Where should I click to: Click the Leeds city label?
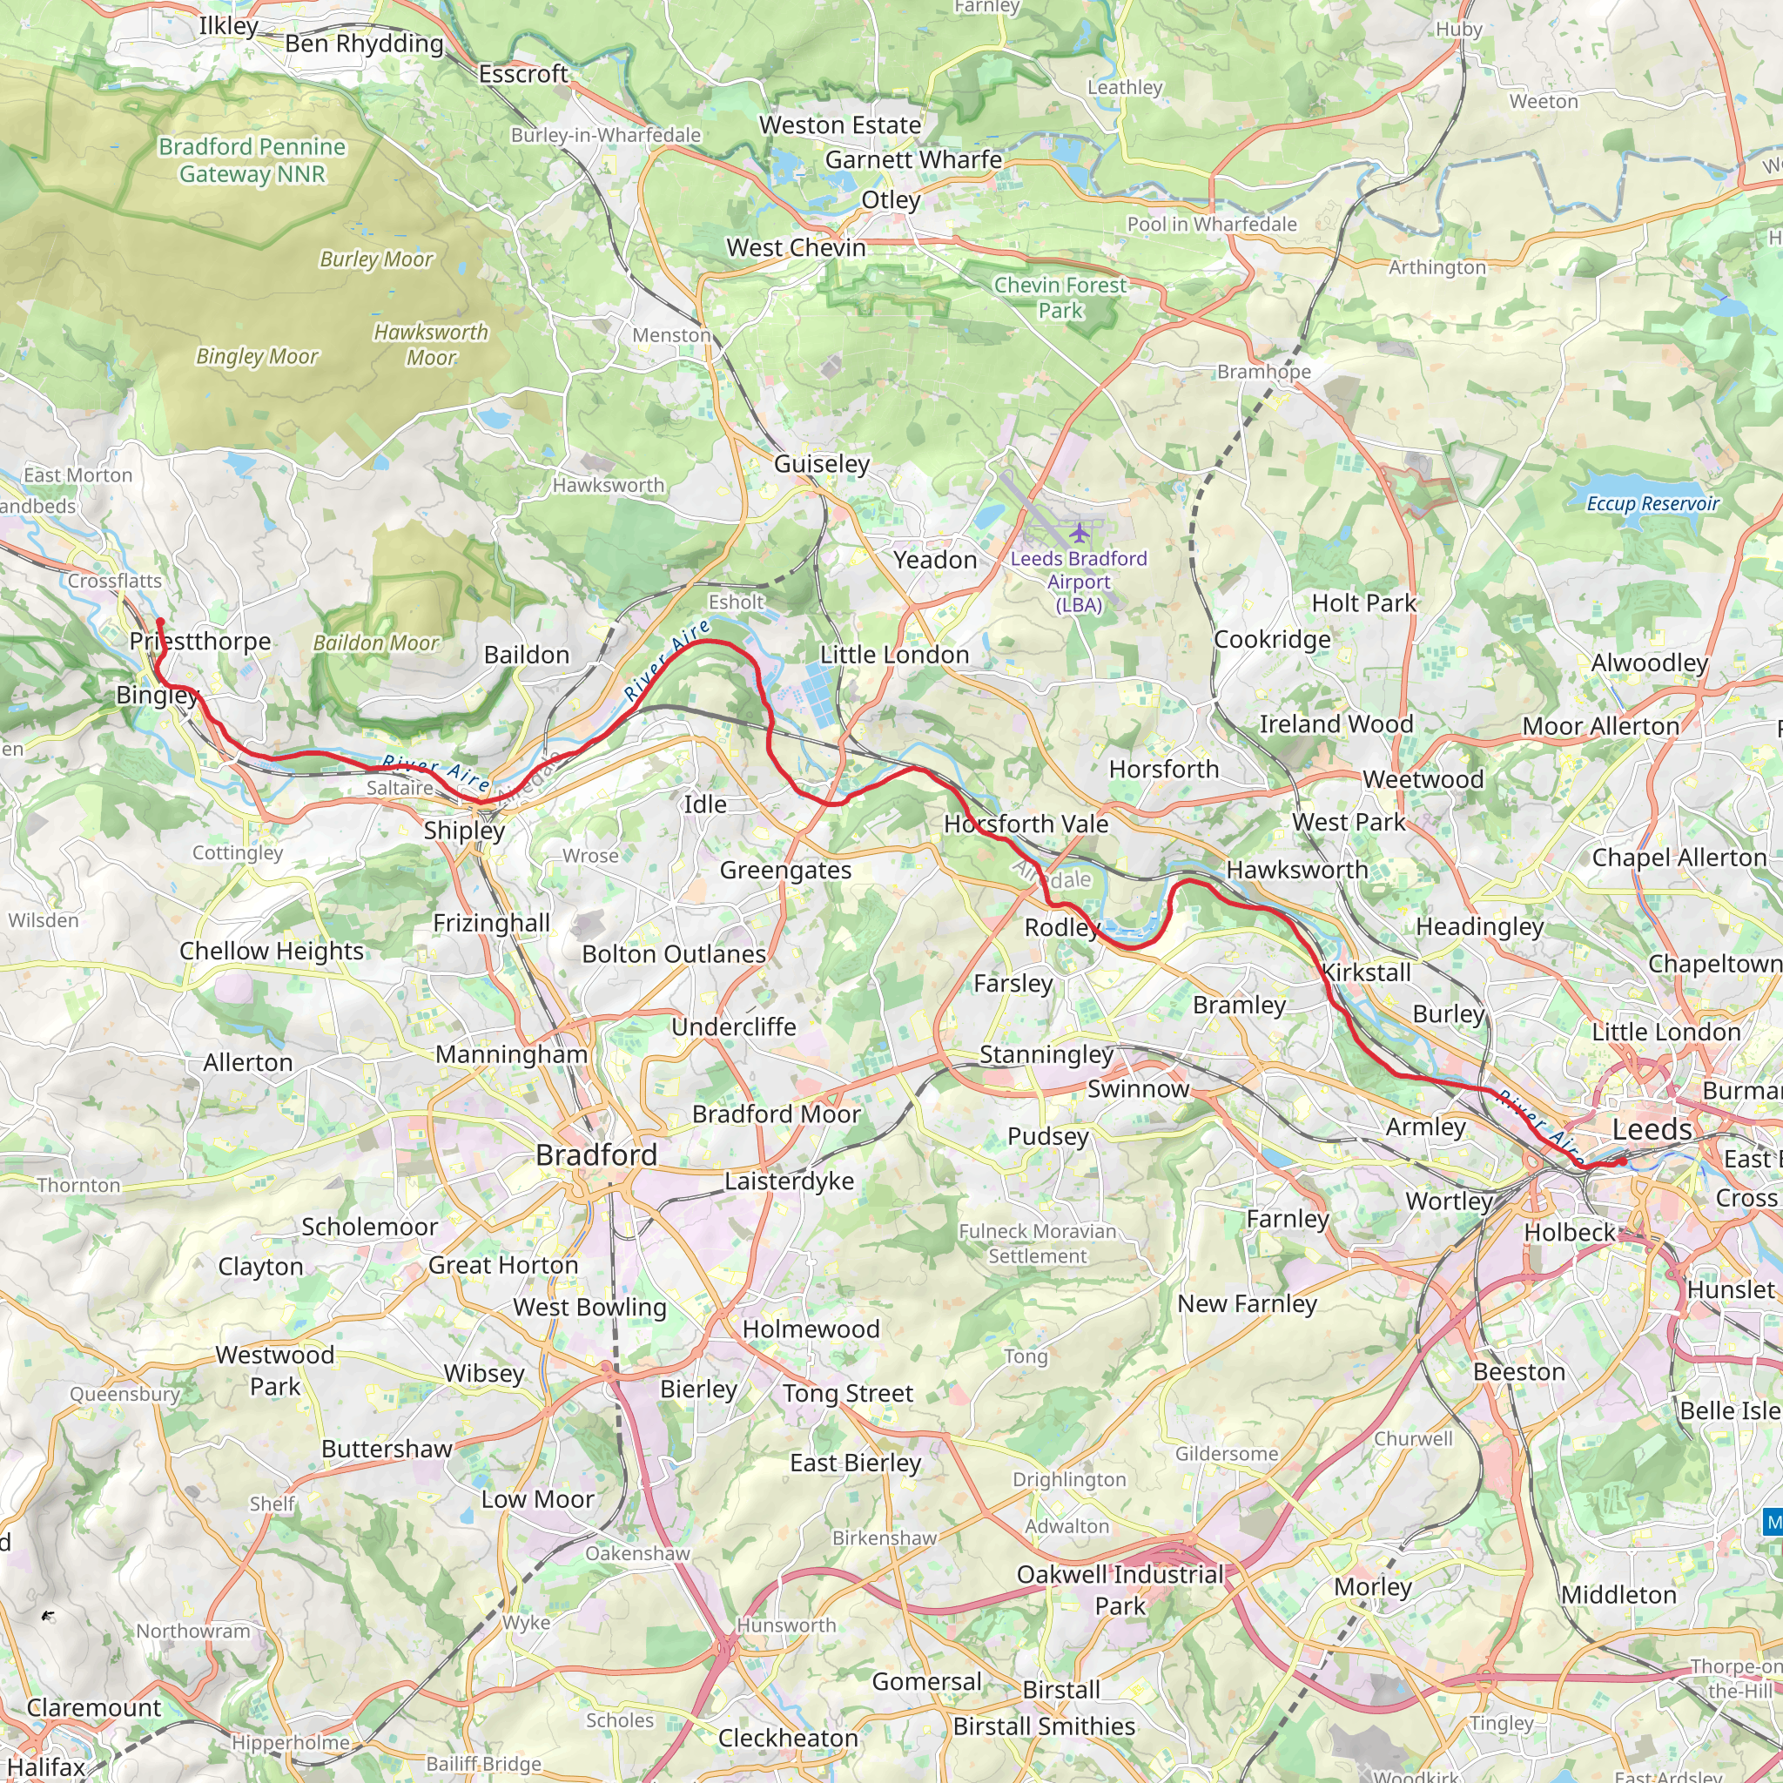coord(1651,1129)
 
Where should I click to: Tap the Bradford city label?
coord(596,1154)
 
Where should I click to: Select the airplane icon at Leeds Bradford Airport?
coord(1079,533)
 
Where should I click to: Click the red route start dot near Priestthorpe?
coord(159,622)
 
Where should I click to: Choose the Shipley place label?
coord(464,830)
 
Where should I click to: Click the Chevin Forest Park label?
coord(1060,297)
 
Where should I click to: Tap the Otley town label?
coord(891,199)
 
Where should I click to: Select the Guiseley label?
coord(821,463)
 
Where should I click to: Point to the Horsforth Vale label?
coord(1026,824)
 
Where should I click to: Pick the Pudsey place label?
coord(1047,1136)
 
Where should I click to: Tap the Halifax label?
coord(46,1766)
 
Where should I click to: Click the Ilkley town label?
coord(228,26)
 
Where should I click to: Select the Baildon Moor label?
coord(375,643)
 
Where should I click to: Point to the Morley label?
coord(1372,1586)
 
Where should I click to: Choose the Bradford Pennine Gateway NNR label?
coord(252,159)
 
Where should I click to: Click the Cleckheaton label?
coord(788,1738)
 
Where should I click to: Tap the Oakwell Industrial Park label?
coord(1120,1589)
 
